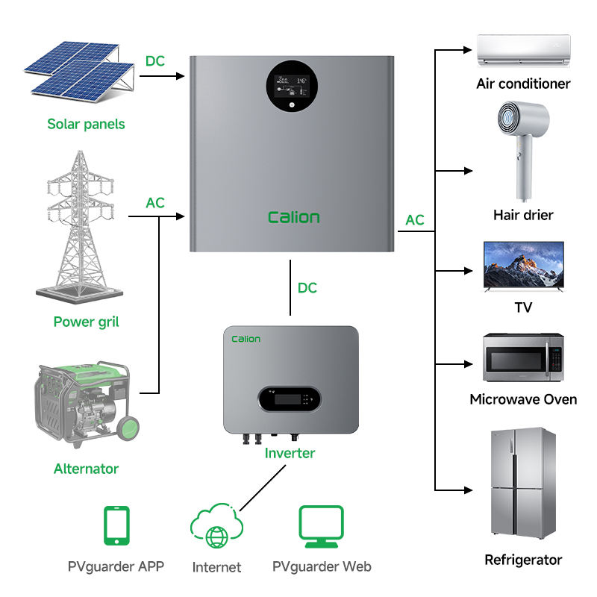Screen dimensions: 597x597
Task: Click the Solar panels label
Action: tap(86, 124)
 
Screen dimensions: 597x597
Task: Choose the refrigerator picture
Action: tap(522, 485)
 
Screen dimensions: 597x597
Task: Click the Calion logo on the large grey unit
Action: tap(293, 217)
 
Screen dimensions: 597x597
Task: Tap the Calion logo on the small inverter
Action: tap(246, 339)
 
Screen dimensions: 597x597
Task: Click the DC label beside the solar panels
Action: tap(154, 61)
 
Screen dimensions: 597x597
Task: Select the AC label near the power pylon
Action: tap(155, 203)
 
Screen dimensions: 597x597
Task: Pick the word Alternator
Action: tap(86, 469)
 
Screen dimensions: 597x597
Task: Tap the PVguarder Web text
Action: tap(322, 566)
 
